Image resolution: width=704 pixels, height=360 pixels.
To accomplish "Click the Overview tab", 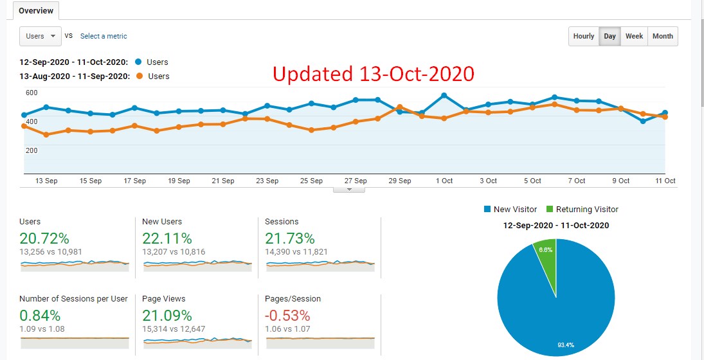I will [x=36, y=11].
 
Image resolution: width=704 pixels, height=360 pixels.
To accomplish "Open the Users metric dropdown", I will [x=40, y=36].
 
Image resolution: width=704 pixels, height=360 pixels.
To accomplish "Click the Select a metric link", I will [x=104, y=37].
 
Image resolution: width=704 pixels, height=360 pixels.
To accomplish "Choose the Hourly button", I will [x=583, y=37].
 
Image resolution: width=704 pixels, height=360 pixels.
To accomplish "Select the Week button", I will [x=634, y=37].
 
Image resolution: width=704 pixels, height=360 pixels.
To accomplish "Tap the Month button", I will [x=663, y=37].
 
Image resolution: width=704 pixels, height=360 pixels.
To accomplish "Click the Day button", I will [x=609, y=37].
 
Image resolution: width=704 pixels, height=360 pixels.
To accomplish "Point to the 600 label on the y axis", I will [x=32, y=93].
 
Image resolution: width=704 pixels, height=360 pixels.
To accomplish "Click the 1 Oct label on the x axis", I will [x=444, y=181].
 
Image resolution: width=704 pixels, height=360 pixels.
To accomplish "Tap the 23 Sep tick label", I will [x=267, y=181].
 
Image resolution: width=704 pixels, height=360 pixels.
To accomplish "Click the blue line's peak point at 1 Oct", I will [x=444, y=96].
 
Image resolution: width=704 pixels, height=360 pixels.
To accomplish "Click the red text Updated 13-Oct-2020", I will [x=374, y=74].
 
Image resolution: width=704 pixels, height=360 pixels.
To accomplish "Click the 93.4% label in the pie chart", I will [x=565, y=345].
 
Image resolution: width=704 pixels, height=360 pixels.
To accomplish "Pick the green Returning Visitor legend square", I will [x=549, y=210].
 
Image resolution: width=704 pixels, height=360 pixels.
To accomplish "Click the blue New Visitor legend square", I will [x=488, y=210].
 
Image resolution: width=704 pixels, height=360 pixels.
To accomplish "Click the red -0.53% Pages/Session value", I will [x=287, y=316].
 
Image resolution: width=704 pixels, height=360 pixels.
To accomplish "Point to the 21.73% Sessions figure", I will [x=290, y=239].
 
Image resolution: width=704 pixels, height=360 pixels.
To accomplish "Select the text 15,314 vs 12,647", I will [x=174, y=329].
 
